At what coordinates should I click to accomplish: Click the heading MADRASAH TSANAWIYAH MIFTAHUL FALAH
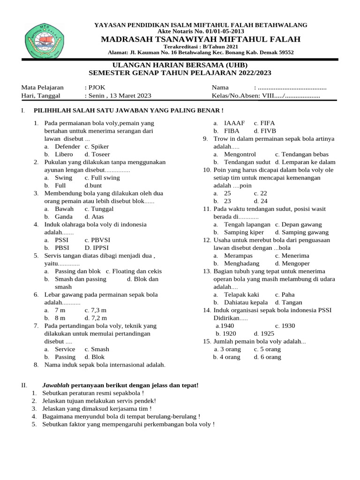tap(201, 39)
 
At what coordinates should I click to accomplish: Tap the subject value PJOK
tap(92, 88)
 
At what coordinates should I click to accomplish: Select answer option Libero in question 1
tap(64, 154)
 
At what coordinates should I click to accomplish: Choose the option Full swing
tap(102, 178)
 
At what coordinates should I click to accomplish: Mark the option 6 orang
tap(269, 357)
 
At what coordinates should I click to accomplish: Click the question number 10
tap(207, 170)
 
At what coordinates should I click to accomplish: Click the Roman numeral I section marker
tap(22, 111)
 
